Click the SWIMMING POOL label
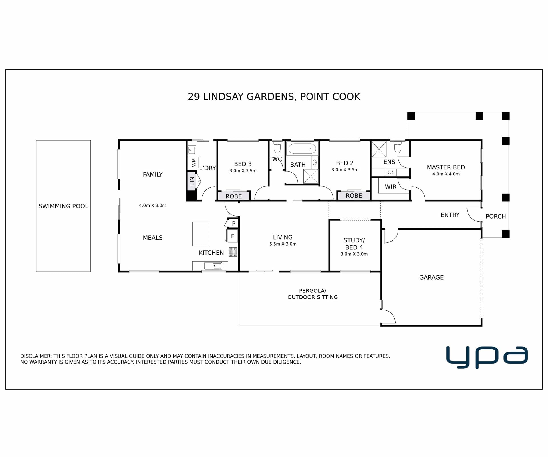[63, 206]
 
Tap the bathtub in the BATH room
[302, 149]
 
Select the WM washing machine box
[193, 163]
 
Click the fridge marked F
[232, 236]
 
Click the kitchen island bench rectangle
[201, 234]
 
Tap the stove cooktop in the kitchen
[233, 252]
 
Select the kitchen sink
[213, 266]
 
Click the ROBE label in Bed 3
[234, 196]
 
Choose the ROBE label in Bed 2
[354, 196]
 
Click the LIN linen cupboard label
[192, 181]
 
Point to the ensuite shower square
[379, 149]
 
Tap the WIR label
[390, 187]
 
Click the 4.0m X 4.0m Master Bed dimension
[446, 174]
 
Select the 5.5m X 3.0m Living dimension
[283, 244]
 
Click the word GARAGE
[431, 277]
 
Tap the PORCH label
[496, 216]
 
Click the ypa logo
[487, 357]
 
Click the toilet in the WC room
[277, 147]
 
